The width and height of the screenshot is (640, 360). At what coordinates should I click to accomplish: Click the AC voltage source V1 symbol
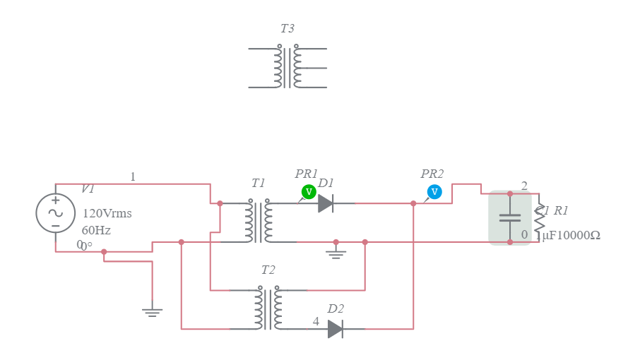pyautogui.click(x=55, y=212)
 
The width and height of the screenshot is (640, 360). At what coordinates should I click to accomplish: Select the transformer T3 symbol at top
pyautogui.click(x=288, y=68)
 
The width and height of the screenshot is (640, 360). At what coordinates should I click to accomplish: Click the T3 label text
pyautogui.click(x=287, y=29)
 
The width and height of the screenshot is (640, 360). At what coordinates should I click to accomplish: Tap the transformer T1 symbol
pyautogui.click(x=259, y=222)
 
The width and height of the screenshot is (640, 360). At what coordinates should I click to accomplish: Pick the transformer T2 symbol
pyautogui.click(x=268, y=309)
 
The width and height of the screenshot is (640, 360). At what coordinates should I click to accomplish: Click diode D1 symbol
pyautogui.click(x=325, y=203)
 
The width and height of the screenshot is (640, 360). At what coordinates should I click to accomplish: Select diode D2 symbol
pyautogui.click(x=336, y=329)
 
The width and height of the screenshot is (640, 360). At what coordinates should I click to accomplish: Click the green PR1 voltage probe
pyautogui.click(x=308, y=191)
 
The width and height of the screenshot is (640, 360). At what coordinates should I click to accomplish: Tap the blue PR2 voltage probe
pyautogui.click(x=434, y=191)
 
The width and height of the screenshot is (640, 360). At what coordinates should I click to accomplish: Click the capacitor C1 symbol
pyautogui.click(x=510, y=217)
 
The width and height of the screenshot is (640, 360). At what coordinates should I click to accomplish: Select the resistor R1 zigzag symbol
pyautogui.click(x=540, y=218)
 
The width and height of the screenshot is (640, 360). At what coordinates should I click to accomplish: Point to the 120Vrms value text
pyautogui.click(x=107, y=213)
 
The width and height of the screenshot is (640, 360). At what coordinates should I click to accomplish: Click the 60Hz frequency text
pyautogui.click(x=96, y=230)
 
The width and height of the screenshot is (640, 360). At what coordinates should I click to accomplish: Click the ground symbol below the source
pyautogui.click(x=152, y=311)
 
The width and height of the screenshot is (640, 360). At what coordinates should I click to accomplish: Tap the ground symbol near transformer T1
pyautogui.click(x=336, y=253)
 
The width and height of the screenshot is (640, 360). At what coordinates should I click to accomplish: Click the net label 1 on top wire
pyautogui.click(x=133, y=176)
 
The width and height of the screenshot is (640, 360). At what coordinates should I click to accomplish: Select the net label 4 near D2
pyautogui.click(x=316, y=321)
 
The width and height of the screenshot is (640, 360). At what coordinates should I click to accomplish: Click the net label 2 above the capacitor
pyautogui.click(x=524, y=186)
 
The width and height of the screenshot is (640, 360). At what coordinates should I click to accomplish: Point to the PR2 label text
pyautogui.click(x=432, y=174)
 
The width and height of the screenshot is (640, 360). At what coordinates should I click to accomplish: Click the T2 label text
pyautogui.click(x=268, y=270)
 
